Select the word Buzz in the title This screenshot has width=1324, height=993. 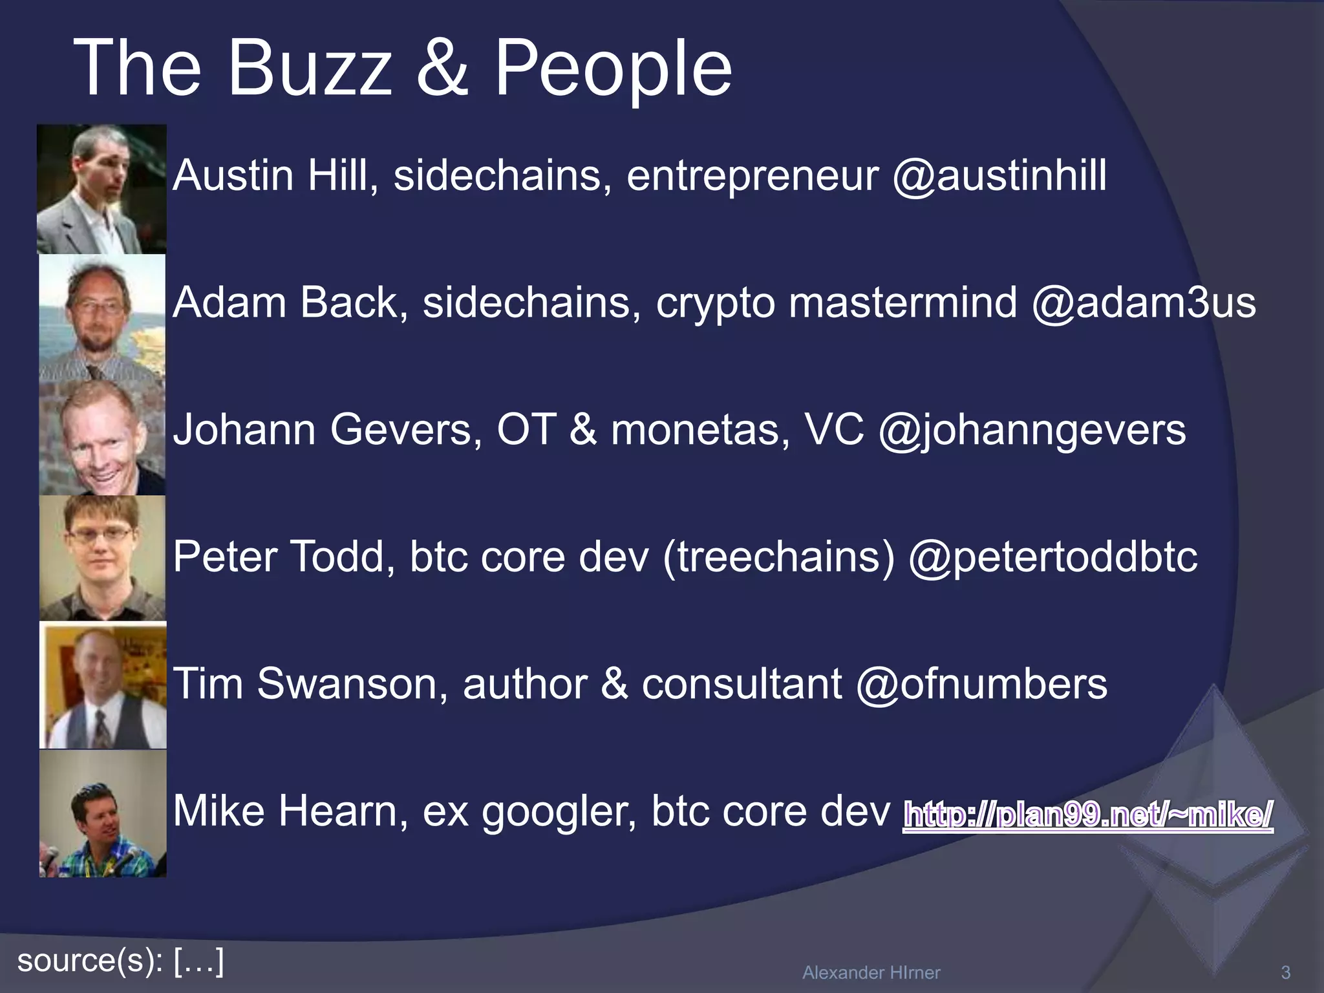(310, 68)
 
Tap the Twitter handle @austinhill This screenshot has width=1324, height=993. (999, 175)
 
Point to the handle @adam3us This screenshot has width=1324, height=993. (1144, 303)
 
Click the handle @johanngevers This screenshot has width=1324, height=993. (1032, 430)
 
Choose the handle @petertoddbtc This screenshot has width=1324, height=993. (1052, 557)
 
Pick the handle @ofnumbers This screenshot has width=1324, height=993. (981, 684)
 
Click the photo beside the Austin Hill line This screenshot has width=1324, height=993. (101, 189)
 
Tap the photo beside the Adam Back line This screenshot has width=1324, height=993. (101, 317)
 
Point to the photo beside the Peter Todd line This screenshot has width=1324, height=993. (101, 557)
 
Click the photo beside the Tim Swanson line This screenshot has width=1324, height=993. (103, 685)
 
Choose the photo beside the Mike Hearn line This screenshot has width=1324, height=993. (103, 813)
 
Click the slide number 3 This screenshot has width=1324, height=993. (1285, 972)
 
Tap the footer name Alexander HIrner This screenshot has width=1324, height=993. (871, 972)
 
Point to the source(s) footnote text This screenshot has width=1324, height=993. (121, 960)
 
